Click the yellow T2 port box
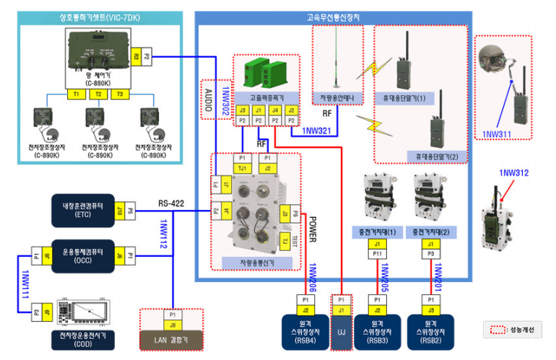(x=99, y=94)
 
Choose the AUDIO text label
(x=207, y=99)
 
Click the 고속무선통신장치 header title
(x=333, y=16)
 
